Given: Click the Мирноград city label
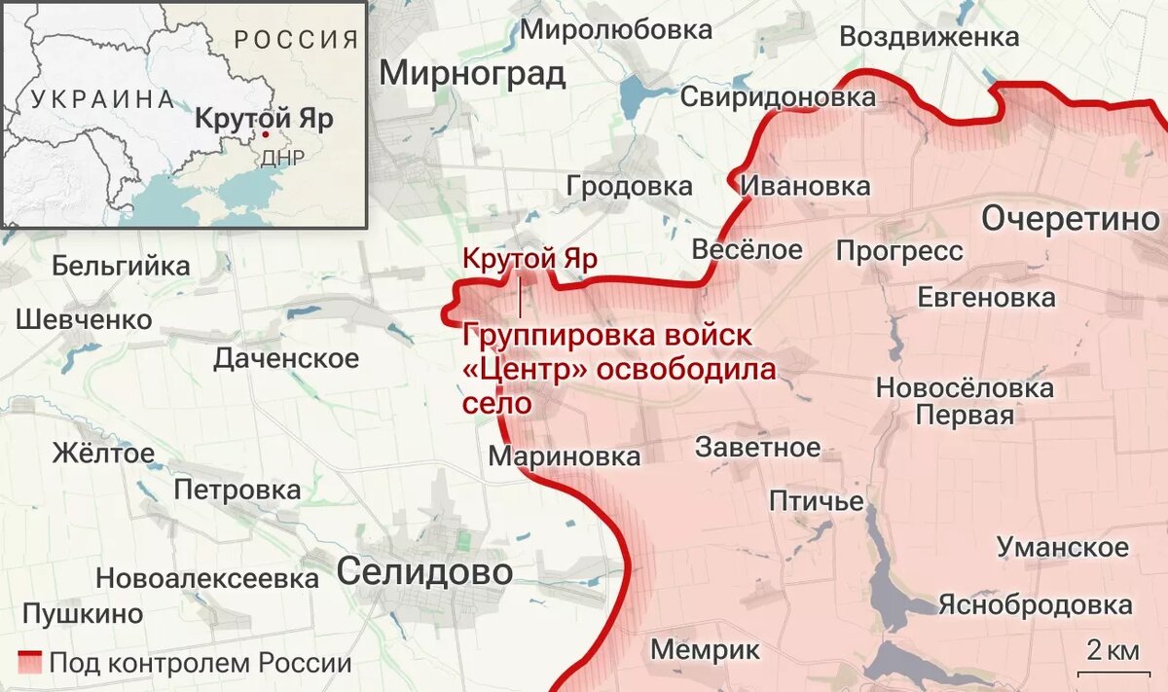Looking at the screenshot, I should pyautogui.click(x=472, y=73).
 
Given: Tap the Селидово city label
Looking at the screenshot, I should pyautogui.click(x=424, y=572).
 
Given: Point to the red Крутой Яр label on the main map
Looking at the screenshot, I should pyautogui.click(x=529, y=260).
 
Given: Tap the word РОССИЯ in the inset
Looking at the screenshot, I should pyautogui.click(x=297, y=40).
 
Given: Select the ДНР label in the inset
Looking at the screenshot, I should pyautogui.click(x=283, y=158).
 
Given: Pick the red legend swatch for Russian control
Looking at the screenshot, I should pyautogui.click(x=29, y=663).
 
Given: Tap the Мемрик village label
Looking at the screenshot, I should pyautogui.click(x=705, y=649).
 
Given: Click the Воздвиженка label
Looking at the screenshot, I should pyautogui.click(x=929, y=37).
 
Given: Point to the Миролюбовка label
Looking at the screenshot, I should pyautogui.click(x=616, y=30).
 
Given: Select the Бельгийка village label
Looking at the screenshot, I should pyautogui.click(x=121, y=265).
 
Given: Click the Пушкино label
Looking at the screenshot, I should pyautogui.click(x=83, y=614).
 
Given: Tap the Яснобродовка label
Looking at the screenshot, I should pyautogui.click(x=1036, y=604).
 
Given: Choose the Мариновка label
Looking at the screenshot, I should pyautogui.click(x=565, y=456).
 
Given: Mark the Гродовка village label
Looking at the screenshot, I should pyautogui.click(x=630, y=186).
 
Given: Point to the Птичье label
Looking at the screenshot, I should pyautogui.click(x=817, y=501).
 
